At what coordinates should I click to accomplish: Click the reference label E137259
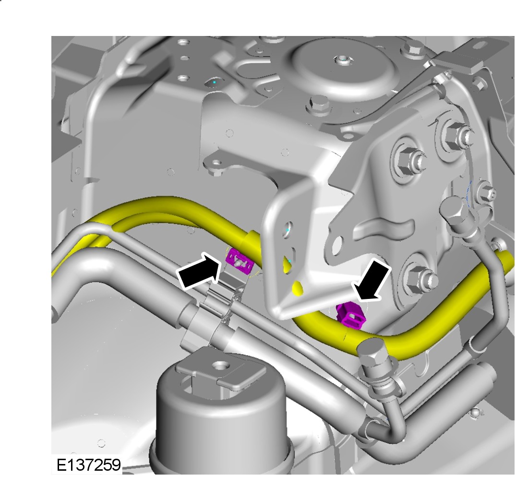click(89, 465)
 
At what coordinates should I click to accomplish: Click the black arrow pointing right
click(199, 271)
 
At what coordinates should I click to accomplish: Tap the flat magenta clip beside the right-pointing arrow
click(240, 260)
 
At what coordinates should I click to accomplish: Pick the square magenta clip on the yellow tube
click(350, 315)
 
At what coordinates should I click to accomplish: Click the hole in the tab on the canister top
click(221, 365)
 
